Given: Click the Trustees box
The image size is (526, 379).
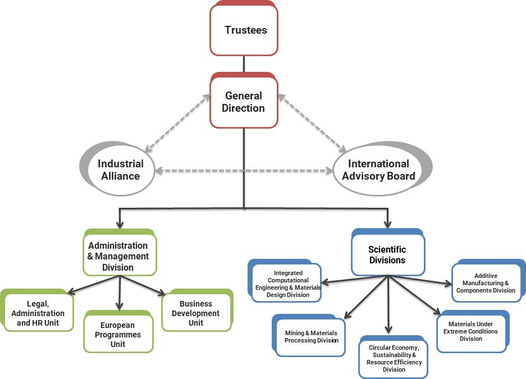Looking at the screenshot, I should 244,30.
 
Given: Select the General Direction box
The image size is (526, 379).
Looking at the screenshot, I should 244,102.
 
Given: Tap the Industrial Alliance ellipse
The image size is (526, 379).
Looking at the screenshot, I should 120,170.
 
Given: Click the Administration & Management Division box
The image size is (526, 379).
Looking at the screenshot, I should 119,255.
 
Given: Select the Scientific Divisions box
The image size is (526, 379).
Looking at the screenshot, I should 387,255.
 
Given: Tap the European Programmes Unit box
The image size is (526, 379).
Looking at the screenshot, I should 118,334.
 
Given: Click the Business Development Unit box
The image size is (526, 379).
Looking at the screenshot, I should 196,313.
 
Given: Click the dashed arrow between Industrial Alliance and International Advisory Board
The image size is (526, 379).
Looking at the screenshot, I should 244,170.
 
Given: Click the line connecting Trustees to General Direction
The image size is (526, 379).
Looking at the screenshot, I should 244,64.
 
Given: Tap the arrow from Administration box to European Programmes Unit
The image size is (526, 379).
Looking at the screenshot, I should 119,292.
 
